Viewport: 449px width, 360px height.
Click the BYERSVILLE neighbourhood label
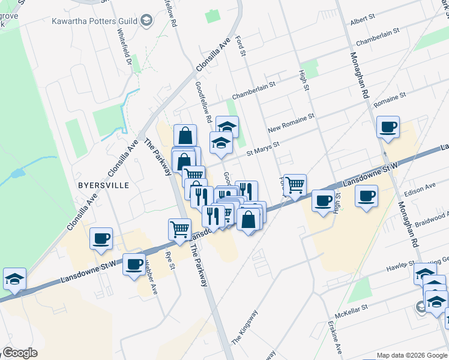[x=103, y=185]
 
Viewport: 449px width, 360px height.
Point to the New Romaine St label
[x=291, y=123]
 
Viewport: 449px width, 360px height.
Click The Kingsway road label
[x=245, y=326]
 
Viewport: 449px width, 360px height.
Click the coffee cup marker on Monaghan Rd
[x=388, y=127]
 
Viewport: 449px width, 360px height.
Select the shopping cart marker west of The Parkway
[x=180, y=229]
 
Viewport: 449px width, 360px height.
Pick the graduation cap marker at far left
[x=14, y=279]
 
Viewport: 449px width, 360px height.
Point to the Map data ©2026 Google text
[x=411, y=355]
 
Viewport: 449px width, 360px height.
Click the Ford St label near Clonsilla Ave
[x=243, y=46]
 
